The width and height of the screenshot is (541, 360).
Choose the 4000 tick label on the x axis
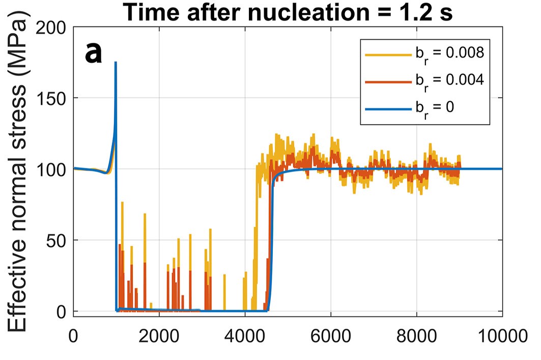click(245, 337)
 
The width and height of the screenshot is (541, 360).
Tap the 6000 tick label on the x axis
click(331, 337)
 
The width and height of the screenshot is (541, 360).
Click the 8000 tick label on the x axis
click(417, 337)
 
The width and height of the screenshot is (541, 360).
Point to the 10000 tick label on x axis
click(501, 337)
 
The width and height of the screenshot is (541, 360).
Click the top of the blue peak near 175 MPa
click(116, 63)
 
